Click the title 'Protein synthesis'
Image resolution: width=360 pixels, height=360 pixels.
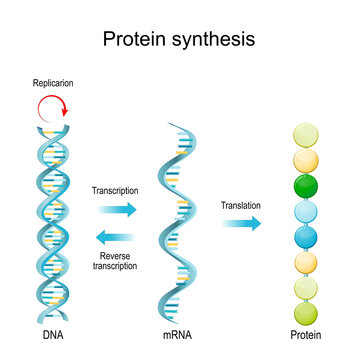[x=179, y=39]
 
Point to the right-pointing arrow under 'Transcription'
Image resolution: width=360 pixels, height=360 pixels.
[x=117, y=210]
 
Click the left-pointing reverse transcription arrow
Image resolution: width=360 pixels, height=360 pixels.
[x=117, y=237]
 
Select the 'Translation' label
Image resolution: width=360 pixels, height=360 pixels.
[x=241, y=205]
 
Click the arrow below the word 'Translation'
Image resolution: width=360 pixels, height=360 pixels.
[x=241, y=224]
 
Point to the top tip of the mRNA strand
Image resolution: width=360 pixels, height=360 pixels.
[x=172, y=124]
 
